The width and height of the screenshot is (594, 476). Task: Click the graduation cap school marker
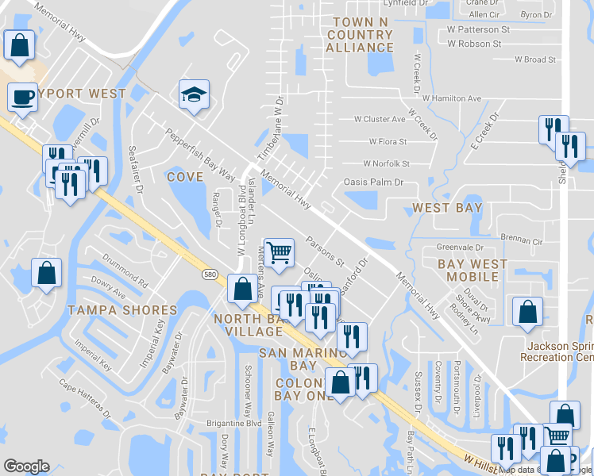pyautogui.click(x=194, y=95)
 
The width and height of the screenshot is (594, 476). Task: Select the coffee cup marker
pyautogui.click(x=22, y=98)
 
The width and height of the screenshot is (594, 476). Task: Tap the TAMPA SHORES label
pyautogui.click(x=121, y=309)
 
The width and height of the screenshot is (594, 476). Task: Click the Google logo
pyautogui.click(x=26, y=466)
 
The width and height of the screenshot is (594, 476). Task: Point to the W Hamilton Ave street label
pyautogui.click(x=453, y=98)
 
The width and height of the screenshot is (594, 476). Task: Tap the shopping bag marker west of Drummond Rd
pyautogui.click(x=47, y=274)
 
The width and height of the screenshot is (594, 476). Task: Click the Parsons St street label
pyautogui.click(x=326, y=249)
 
